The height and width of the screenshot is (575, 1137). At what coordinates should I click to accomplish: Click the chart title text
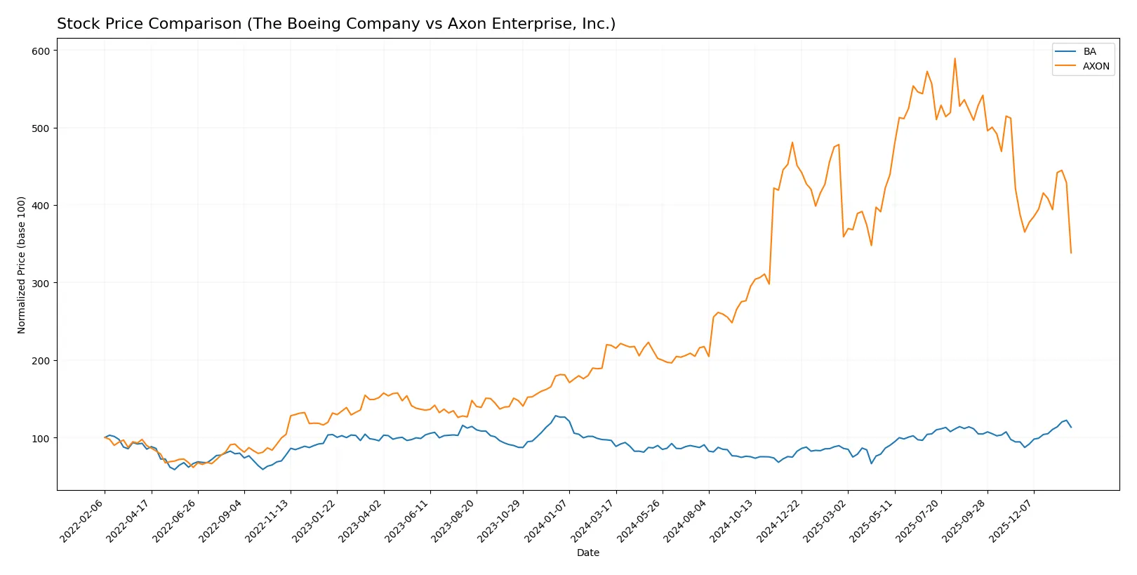[x=335, y=24]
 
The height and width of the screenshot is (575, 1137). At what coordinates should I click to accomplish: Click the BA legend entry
[x=1089, y=51]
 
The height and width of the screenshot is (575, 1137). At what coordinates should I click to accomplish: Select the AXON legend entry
[x=1096, y=66]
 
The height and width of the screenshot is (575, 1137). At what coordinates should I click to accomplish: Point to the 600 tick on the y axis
[x=41, y=51]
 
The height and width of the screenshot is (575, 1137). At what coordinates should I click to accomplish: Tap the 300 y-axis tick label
[x=41, y=283]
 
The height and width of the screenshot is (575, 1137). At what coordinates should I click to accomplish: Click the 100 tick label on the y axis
[x=41, y=438]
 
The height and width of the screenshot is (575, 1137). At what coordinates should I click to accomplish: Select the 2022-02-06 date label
[x=83, y=520]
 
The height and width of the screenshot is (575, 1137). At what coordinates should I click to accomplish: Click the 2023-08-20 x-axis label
[x=455, y=520]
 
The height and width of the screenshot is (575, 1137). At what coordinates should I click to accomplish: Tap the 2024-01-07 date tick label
[x=547, y=520]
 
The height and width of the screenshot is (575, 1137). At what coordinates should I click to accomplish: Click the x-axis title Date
[x=587, y=553]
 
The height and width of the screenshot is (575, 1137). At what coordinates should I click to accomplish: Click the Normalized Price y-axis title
[x=22, y=265]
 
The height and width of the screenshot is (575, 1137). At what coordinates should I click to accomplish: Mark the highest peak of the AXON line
[x=955, y=58]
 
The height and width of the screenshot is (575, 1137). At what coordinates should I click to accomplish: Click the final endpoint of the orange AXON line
[x=1071, y=253]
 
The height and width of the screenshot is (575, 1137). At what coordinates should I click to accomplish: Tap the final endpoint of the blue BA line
[x=1071, y=427]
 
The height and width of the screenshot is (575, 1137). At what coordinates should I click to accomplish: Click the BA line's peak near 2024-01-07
[x=555, y=416]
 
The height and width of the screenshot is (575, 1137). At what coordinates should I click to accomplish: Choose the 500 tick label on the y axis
[x=41, y=128]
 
